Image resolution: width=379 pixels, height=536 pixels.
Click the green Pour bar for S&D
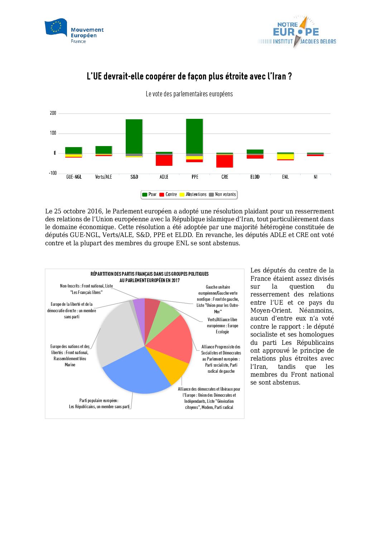pos(134,136)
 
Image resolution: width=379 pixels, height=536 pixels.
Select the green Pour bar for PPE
pos(195,136)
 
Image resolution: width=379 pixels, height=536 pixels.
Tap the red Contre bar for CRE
pos(225,161)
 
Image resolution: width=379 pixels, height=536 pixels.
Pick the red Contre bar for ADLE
pos(164,160)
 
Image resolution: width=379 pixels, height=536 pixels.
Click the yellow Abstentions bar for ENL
pos(285,156)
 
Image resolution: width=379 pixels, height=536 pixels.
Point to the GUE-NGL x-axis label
pos(74,177)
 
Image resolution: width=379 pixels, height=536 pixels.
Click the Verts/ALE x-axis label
pos(104,177)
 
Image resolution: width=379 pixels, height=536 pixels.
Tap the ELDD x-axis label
pos(255,177)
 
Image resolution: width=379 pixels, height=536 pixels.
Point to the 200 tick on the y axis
pos(53,113)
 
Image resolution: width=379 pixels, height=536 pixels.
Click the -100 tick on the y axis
pos(53,173)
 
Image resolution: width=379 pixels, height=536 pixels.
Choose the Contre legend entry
pos(168,194)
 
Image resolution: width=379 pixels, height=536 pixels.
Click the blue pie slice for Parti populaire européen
pos(136,374)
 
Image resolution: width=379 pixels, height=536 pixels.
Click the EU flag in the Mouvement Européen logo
pos(56,28)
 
